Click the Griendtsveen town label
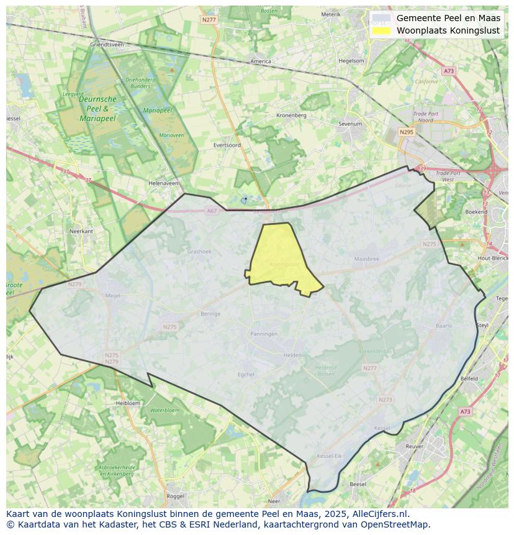click(107, 45)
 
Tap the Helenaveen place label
click(163, 183)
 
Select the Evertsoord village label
click(227, 145)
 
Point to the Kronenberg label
click(291, 115)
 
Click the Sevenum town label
click(350, 124)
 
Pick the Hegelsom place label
click(351, 61)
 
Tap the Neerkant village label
click(81, 231)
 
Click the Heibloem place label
click(128, 403)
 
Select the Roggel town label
click(176, 496)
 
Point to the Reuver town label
click(413, 446)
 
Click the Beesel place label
click(358, 484)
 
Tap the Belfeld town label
click(469, 378)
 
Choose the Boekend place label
click(476, 212)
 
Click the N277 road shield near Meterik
click(209, 20)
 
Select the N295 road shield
click(406, 132)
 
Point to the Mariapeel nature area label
click(157, 110)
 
